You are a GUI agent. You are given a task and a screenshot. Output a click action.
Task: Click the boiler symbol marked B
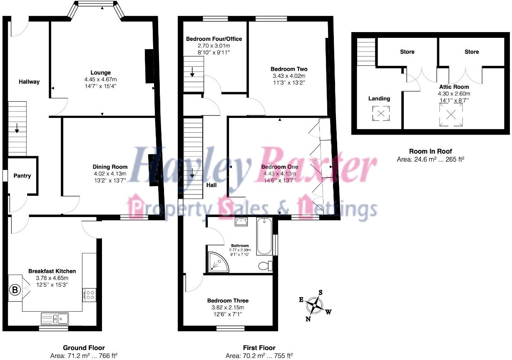coord(15,290)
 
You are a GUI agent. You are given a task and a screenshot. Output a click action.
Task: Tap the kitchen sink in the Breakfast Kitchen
coord(55,319)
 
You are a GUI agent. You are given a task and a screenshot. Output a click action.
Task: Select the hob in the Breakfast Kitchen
coord(89,295)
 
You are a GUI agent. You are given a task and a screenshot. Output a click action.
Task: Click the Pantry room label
coord(22,176)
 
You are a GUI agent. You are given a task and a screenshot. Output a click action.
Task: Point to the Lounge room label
coord(102,72)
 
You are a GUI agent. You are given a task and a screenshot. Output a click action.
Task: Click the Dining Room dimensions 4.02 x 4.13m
coord(110,173)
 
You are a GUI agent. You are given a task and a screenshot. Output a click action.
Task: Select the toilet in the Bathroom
coord(265,265)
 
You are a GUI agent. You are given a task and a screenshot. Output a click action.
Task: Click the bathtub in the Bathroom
coord(264,236)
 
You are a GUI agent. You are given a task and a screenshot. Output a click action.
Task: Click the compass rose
coord(316,307)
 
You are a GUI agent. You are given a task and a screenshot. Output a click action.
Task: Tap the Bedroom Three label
coord(228,300)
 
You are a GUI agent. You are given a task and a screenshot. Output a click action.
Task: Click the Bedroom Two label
coord(289,69)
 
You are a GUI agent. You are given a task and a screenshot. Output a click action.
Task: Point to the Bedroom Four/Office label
coord(214,39)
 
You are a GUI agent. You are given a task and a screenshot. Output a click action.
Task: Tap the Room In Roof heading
coord(430,151)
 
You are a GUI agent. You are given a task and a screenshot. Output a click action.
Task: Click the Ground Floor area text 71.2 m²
coord(84,355)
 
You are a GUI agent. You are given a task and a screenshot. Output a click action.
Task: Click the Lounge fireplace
coord(149,66)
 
